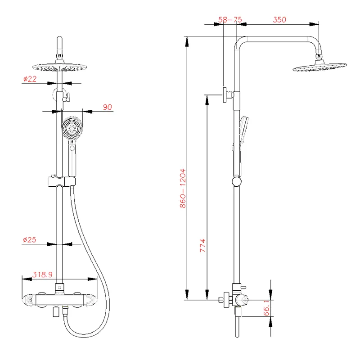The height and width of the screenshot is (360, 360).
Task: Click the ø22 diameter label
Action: coord(30,79)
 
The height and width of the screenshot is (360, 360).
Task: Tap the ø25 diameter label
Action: coord(30,240)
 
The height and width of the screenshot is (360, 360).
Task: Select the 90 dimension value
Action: coord(108,107)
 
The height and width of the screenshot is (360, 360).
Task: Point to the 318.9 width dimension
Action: coord(42,274)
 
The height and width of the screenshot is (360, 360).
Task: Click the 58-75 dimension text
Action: coord(230,20)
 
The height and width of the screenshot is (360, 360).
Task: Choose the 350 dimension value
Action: coord(279,20)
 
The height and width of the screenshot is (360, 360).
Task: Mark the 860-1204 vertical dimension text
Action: coord(183,188)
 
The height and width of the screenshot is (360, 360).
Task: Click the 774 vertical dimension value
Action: coord(202,246)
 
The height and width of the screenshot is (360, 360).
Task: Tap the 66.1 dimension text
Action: coord(266,308)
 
